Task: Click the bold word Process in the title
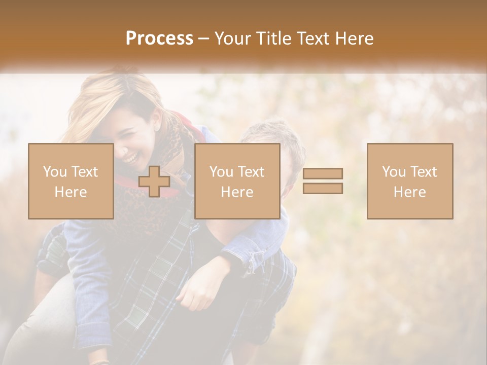[x=159, y=39]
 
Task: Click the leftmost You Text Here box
[x=71, y=181]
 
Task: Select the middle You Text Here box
[x=237, y=181]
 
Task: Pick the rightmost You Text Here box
[x=409, y=181]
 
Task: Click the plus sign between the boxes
[x=154, y=181]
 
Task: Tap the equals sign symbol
[x=323, y=181]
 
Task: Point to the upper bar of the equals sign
[x=323, y=173]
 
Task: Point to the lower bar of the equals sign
[x=323, y=189]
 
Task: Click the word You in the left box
[x=54, y=172]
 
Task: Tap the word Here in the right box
[x=409, y=192]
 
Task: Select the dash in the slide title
[x=204, y=39]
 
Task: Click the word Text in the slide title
[x=310, y=39]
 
